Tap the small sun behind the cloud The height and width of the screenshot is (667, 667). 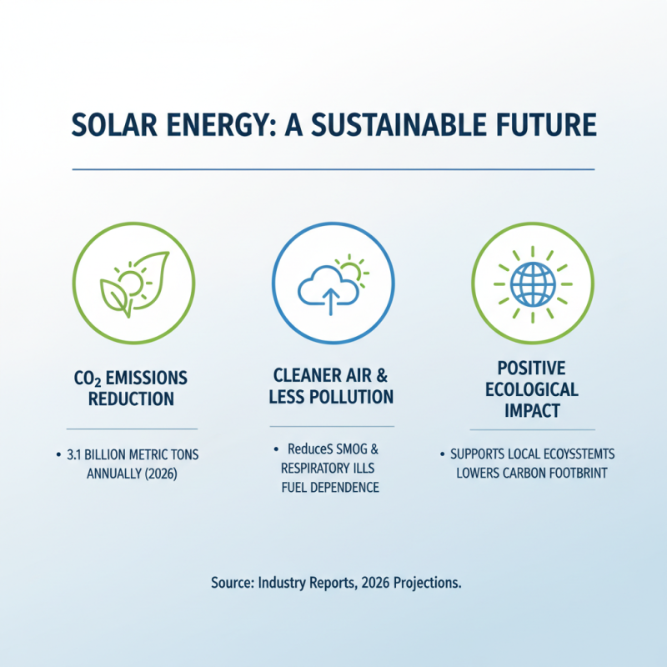click(354, 268)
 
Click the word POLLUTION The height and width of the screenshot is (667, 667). click(353, 397)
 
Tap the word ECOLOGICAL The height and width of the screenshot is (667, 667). click(531, 389)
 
